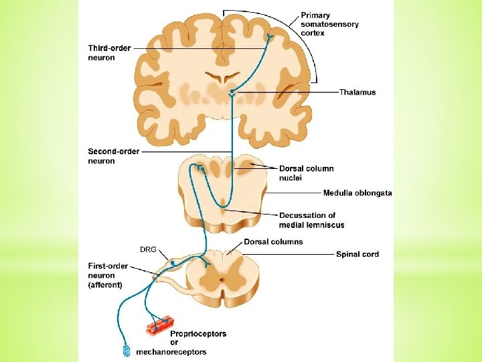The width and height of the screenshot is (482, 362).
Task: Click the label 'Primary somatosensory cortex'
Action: pyautogui.click(x=329, y=24)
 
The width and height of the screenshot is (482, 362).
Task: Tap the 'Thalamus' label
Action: pyautogui.click(x=357, y=93)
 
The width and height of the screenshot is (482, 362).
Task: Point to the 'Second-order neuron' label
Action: pyautogui.click(x=114, y=156)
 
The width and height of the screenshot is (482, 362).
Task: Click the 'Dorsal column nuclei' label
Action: pyautogui.click(x=306, y=173)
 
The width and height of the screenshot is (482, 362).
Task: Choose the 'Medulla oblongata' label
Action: pyautogui.click(x=357, y=193)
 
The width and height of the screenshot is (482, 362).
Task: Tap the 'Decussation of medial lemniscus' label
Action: pyautogui.click(x=311, y=220)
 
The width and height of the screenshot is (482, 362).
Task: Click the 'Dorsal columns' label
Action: pyautogui.click(x=273, y=242)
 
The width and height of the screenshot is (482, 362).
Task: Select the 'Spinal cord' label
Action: pyautogui.click(x=357, y=254)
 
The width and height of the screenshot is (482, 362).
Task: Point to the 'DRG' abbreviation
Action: pyautogui.click(x=148, y=249)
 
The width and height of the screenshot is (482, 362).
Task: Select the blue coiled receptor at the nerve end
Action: pyautogui.click(x=126, y=351)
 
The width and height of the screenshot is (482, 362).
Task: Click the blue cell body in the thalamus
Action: pyautogui.click(x=232, y=91)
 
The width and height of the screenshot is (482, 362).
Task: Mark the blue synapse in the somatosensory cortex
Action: pyautogui.click(x=269, y=37)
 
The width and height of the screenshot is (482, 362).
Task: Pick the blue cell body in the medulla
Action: pyautogui.click(x=202, y=169)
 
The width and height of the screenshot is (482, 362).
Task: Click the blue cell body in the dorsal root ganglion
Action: pyautogui.click(x=172, y=264)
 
